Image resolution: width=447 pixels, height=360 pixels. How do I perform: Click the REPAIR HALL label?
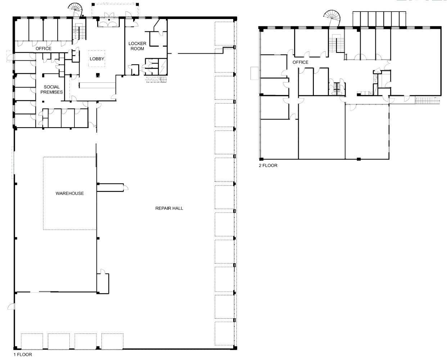(169, 208)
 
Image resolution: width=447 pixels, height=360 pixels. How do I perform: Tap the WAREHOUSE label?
(69, 193)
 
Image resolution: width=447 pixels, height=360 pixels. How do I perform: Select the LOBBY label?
(97, 59)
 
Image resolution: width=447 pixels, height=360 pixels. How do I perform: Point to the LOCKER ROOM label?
(137, 46)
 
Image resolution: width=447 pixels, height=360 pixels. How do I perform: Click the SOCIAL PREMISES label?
(51, 90)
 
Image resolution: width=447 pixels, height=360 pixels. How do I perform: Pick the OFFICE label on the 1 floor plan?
(44, 49)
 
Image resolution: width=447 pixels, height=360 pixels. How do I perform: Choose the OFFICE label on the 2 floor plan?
(301, 62)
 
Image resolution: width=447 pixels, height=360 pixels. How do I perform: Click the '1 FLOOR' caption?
(23, 355)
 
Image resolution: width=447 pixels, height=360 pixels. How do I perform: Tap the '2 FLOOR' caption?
(268, 165)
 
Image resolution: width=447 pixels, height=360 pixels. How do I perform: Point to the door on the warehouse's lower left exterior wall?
(12, 306)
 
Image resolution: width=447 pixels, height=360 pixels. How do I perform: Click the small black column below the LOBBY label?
(98, 75)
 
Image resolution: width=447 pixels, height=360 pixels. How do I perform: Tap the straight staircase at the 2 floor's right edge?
(428, 100)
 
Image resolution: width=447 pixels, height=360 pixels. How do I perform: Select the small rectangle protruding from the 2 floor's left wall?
(255, 73)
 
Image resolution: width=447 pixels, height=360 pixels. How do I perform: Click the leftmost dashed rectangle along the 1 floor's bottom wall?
(32, 341)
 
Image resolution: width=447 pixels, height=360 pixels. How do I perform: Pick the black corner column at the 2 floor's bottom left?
(261, 159)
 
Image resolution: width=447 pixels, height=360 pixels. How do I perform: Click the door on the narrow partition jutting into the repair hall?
(126, 187)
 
